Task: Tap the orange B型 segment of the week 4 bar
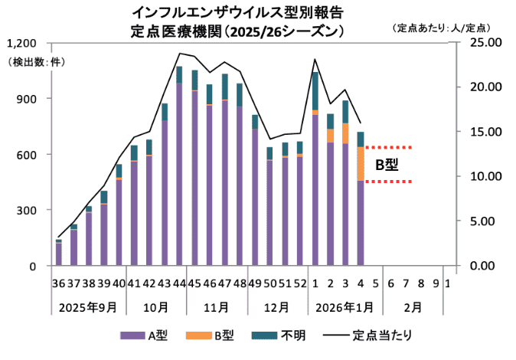[x=361, y=163]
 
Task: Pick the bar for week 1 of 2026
[x=315, y=169]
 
